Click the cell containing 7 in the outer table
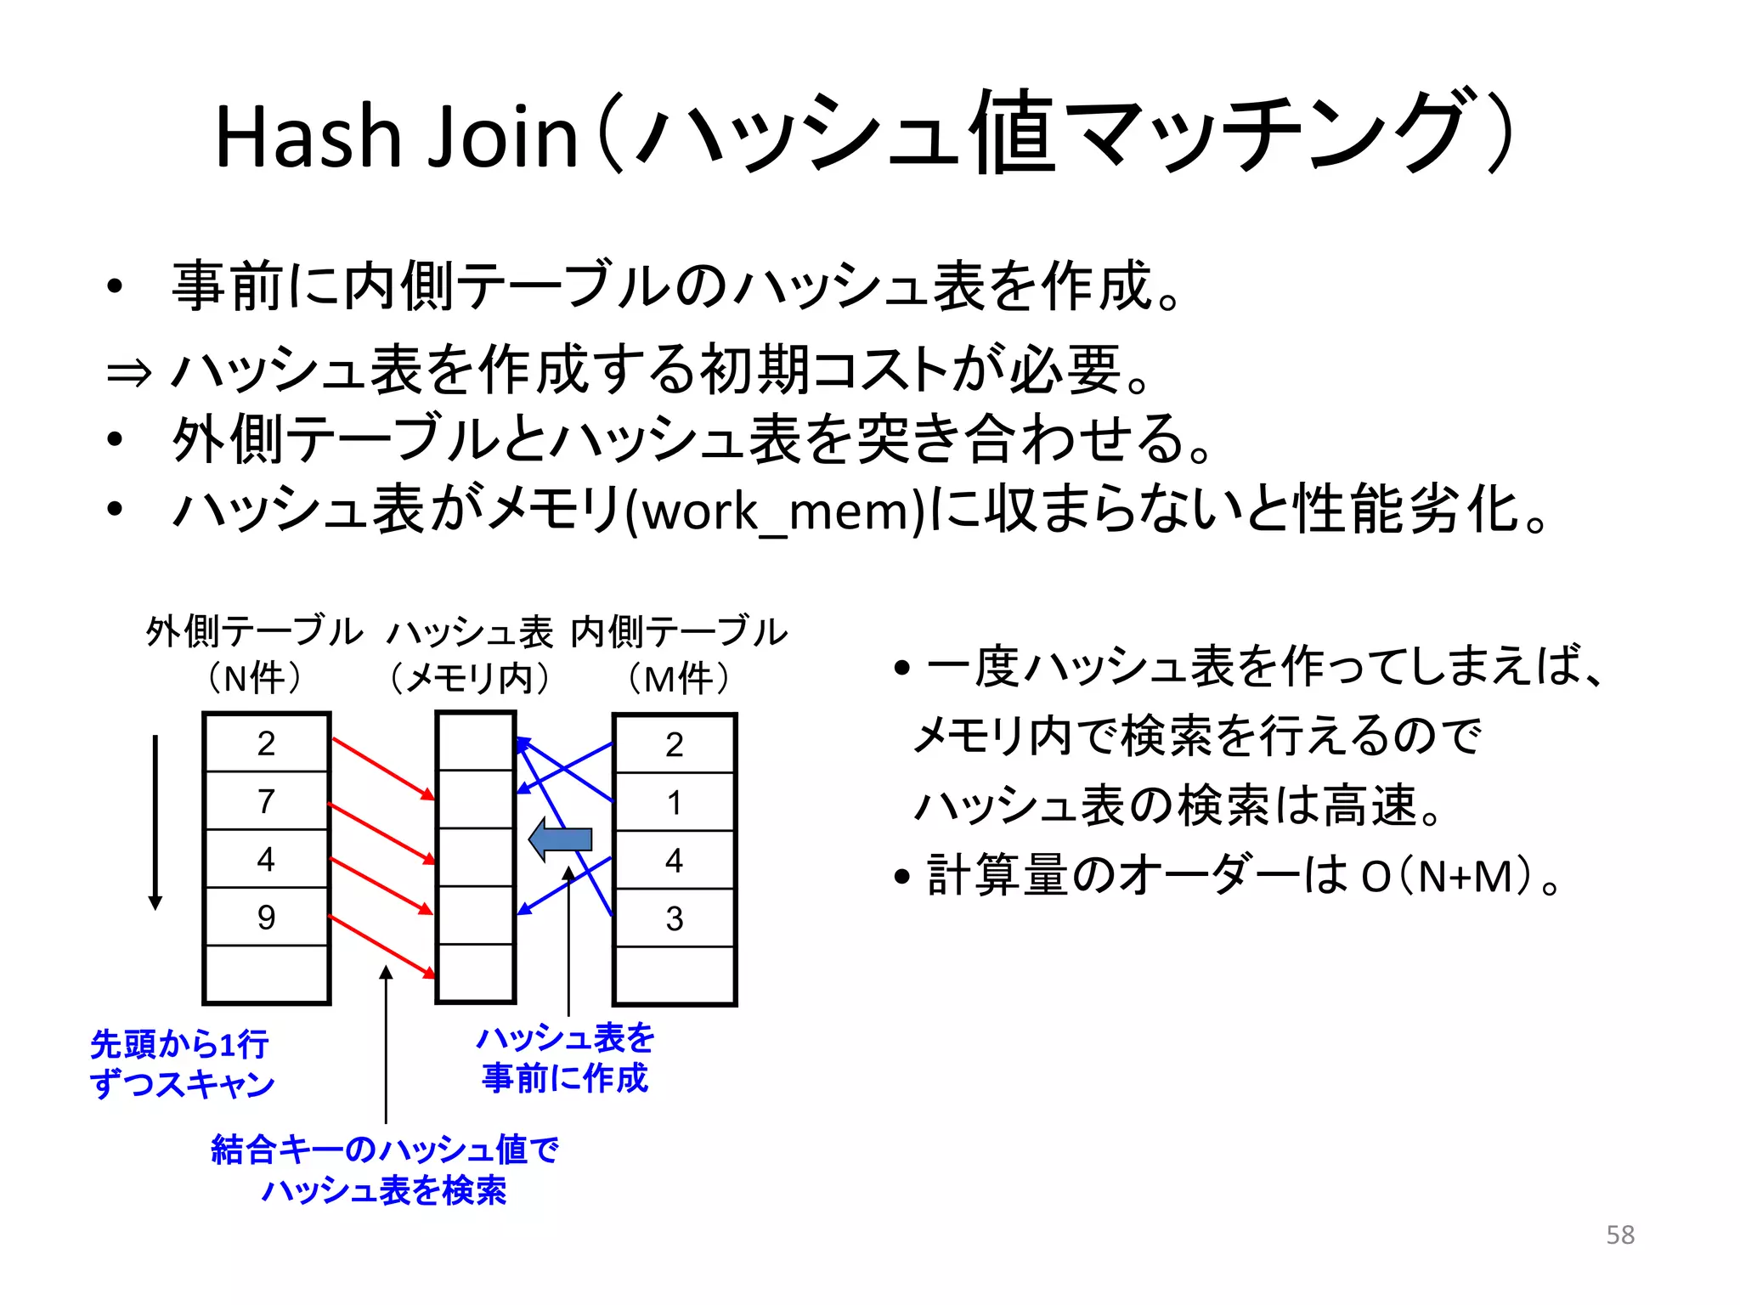tap(266, 800)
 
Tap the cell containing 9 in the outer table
tap(266, 917)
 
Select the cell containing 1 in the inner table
tap(674, 802)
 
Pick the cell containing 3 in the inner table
tap(674, 918)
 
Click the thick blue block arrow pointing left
tap(561, 839)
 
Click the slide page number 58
tap(1619, 1234)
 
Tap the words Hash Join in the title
tap(396, 136)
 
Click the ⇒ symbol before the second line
tap(128, 372)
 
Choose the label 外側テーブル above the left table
tap(254, 632)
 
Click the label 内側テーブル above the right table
tap(679, 632)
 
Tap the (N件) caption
tap(254, 679)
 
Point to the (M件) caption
tap(679, 679)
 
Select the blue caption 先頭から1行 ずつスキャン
tap(181, 1064)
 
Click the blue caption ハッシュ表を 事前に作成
tap(565, 1058)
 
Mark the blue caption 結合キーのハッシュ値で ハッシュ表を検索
tap(384, 1170)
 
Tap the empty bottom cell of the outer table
tap(266, 974)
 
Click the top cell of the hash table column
tap(476, 742)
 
